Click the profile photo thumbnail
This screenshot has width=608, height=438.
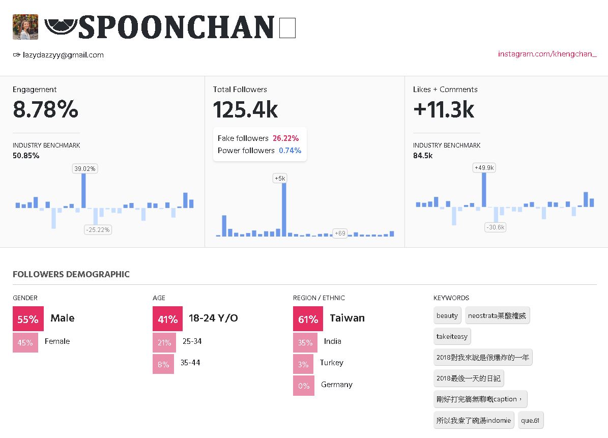coord(25,27)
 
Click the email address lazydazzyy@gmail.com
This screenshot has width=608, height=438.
coord(63,55)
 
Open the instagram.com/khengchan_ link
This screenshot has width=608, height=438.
coord(547,54)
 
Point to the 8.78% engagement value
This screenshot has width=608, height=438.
coord(46,109)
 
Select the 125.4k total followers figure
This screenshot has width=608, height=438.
coord(245,109)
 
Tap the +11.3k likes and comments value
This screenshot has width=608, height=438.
coord(444,109)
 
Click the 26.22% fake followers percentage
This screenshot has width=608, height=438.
coord(285,138)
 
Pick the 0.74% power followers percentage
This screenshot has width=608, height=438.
coord(290,151)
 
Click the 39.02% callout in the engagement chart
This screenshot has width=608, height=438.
coord(85,168)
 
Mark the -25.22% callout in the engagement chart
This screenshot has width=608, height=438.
coord(98,229)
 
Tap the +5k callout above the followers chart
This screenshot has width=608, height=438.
coord(280,178)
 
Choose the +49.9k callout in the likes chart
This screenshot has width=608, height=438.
coord(484,168)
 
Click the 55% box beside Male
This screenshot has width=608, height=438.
coord(28,319)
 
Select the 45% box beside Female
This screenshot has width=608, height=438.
coord(25,342)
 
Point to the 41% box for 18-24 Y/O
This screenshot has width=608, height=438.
coord(167,319)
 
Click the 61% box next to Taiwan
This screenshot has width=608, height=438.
coord(308,319)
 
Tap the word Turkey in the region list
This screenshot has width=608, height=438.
coord(332,363)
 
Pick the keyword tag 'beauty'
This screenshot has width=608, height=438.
coord(447,315)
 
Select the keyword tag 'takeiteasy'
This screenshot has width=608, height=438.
coord(452,336)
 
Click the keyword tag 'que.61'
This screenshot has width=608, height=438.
coord(531,421)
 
